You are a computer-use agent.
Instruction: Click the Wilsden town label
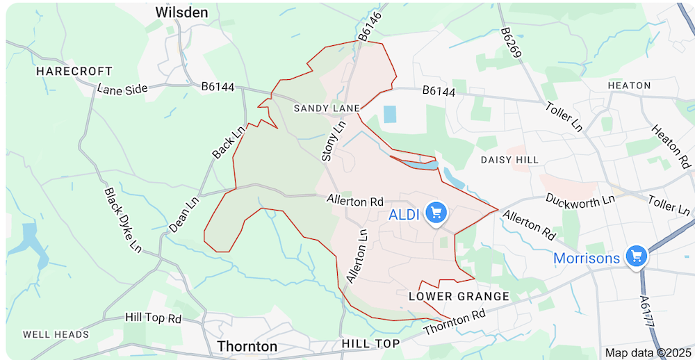tap(181, 13)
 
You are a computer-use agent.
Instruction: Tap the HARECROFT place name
tap(74, 72)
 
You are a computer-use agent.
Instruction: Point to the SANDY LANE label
tap(327, 108)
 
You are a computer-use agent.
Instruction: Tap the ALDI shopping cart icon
tap(436, 211)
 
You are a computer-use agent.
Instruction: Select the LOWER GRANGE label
tap(459, 297)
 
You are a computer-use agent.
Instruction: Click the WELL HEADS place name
tap(56, 334)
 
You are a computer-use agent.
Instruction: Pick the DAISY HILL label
tap(509, 160)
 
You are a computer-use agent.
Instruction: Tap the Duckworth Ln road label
tap(580, 199)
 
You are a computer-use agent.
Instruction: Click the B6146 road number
tap(370, 26)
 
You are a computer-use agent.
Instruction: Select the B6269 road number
tap(511, 43)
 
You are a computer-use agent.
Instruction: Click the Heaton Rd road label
tap(671, 147)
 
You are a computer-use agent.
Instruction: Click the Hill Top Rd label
tap(153, 318)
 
